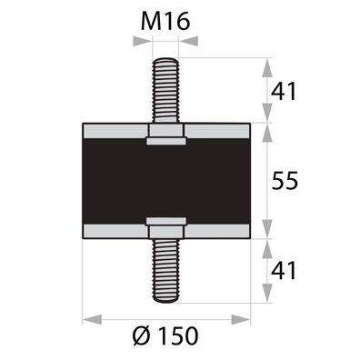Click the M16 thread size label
pyautogui.click(x=166, y=20)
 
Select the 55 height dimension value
pyautogui.click(x=286, y=181)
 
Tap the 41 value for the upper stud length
pyautogui.click(x=286, y=91)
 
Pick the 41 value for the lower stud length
pyautogui.click(x=286, y=270)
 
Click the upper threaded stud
pyautogui.click(x=165, y=91)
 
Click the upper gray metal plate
pyautogui.click(x=109, y=131)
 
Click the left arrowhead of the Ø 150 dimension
pyautogui.click(x=88, y=318)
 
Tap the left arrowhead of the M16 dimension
pyautogui.click(x=145, y=44)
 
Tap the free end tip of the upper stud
pyautogui.click(x=165, y=61)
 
